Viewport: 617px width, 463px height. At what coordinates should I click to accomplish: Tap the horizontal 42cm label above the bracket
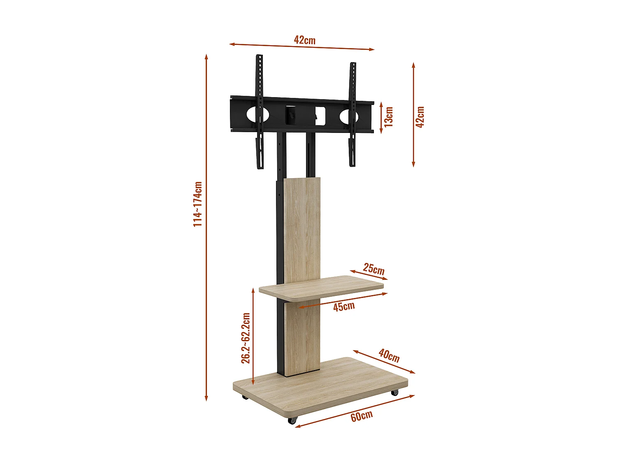(x=304, y=40)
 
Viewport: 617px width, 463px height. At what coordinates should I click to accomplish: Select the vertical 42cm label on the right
(x=420, y=117)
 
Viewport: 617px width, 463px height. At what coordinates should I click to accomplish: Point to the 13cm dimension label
(x=389, y=116)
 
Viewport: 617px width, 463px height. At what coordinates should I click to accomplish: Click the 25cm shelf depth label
(x=373, y=269)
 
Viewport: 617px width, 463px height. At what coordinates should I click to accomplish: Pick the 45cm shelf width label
(x=344, y=307)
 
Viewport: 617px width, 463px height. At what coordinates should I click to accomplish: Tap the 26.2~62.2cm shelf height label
(x=246, y=338)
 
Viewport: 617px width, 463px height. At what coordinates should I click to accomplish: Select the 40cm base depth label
(x=389, y=356)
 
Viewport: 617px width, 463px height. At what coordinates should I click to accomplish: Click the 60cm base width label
(x=362, y=416)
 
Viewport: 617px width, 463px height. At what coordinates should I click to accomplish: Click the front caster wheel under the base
(x=292, y=420)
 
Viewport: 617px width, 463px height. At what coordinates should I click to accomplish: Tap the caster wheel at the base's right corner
(x=395, y=392)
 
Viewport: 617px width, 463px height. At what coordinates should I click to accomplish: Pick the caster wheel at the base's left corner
(x=245, y=397)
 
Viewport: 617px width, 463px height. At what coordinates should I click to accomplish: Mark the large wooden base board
(x=321, y=387)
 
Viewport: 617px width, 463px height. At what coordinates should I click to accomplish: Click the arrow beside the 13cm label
(x=381, y=118)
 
